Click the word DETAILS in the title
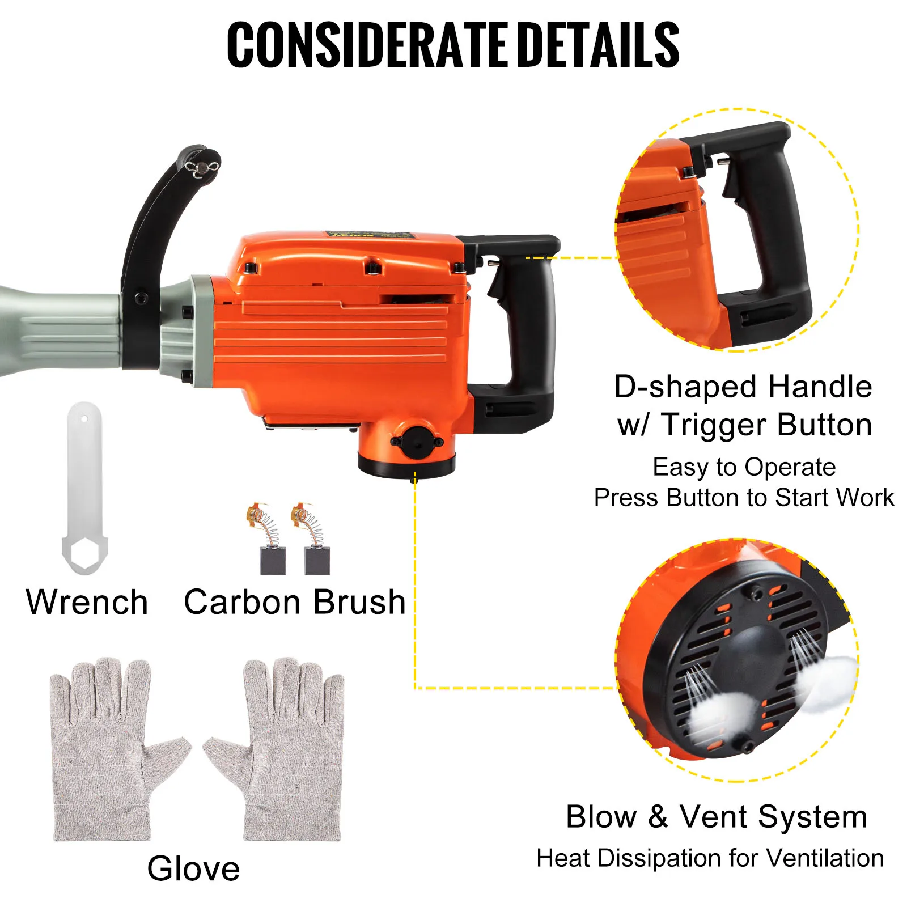(x=599, y=45)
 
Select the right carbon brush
(x=312, y=539)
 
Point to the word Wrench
(x=87, y=602)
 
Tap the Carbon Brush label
(x=295, y=602)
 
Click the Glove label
(x=194, y=868)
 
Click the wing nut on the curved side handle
(x=202, y=168)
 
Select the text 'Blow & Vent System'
(x=717, y=817)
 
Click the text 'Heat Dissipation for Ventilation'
(x=710, y=858)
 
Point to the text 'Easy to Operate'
(x=744, y=468)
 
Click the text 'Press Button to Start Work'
(x=744, y=498)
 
